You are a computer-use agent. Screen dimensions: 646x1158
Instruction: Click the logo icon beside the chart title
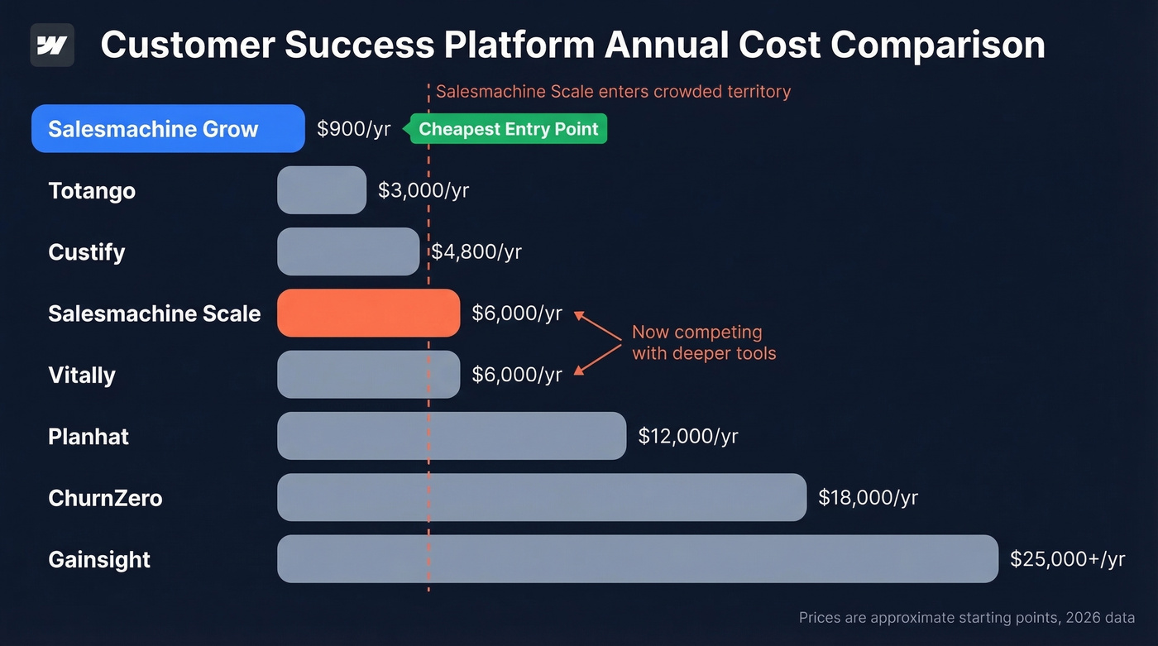(x=52, y=45)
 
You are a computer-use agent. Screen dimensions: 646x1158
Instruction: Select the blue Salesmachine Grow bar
(x=168, y=129)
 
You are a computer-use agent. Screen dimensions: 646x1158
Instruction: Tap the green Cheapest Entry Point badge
(x=509, y=129)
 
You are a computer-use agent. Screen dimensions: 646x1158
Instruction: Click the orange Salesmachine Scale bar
(x=368, y=313)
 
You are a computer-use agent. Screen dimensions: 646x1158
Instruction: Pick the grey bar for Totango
(x=322, y=190)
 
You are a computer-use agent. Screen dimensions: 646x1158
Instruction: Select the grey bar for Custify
(x=348, y=251)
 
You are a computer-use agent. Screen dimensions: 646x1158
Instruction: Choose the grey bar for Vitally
(x=368, y=375)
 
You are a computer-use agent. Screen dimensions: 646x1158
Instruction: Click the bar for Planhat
(x=452, y=436)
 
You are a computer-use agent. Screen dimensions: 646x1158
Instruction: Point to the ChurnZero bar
(x=542, y=497)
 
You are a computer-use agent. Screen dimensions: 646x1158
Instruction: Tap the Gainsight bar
(x=638, y=559)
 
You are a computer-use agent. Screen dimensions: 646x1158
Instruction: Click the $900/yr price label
(x=354, y=129)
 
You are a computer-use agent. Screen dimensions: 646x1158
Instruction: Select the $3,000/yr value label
(x=423, y=190)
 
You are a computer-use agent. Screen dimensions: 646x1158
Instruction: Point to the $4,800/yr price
(x=476, y=251)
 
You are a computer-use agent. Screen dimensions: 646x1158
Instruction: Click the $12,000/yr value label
(x=688, y=436)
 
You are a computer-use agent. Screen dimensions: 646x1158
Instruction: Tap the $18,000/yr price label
(x=868, y=497)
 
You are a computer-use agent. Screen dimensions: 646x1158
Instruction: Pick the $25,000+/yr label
(x=1067, y=559)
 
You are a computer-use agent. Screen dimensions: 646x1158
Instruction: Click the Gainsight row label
(x=99, y=559)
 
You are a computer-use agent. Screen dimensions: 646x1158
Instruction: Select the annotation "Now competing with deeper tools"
(x=704, y=342)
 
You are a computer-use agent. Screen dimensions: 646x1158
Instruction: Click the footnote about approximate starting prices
(x=966, y=618)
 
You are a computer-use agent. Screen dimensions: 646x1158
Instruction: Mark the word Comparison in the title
(x=938, y=45)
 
